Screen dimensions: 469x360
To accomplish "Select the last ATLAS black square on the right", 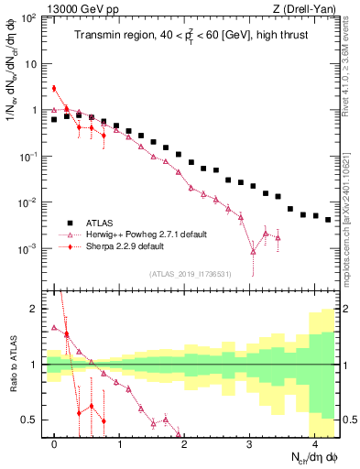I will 328,220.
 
